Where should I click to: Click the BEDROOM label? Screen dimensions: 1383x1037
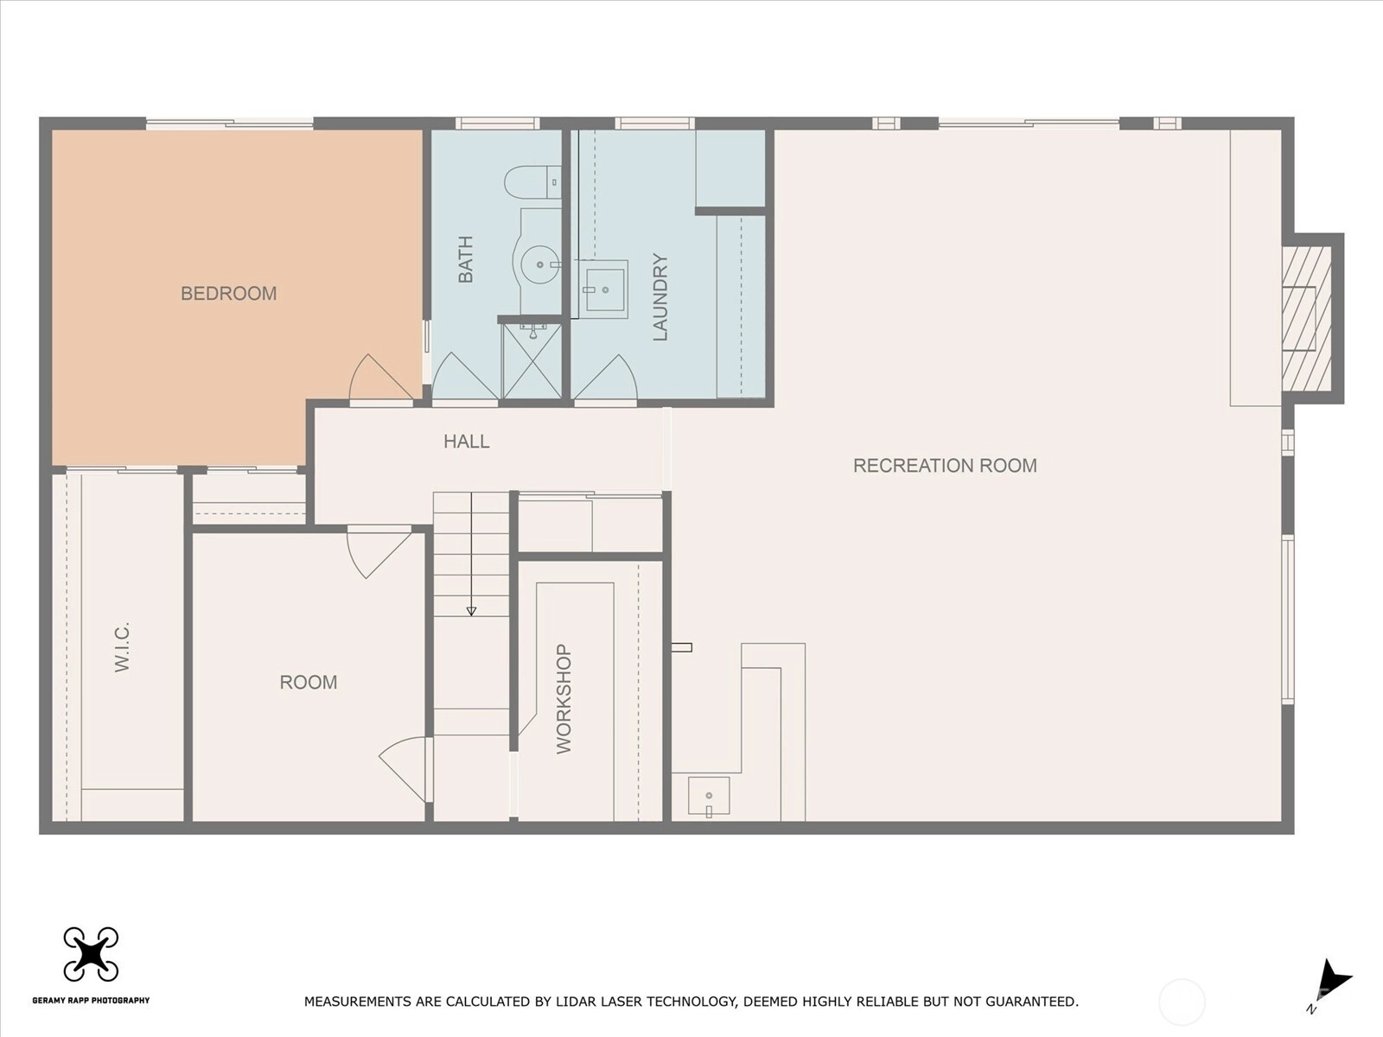[x=229, y=294]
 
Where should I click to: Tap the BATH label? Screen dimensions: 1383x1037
[x=466, y=259]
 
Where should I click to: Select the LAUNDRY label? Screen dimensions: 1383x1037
[x=660, y=297]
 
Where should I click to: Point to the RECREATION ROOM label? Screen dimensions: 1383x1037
[x=945, y=465]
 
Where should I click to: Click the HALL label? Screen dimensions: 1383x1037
[x=466, y=442]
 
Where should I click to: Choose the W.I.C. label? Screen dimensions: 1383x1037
[x=122, y=647]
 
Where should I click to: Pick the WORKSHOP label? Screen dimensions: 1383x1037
[x=564, y=699]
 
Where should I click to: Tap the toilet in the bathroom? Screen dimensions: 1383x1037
[x=533, y=182]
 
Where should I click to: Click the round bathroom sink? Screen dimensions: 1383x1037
[x=540, y=264]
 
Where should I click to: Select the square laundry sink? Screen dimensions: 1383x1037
[x=603, y=289]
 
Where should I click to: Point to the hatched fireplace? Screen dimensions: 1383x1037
[x=1307, y=318]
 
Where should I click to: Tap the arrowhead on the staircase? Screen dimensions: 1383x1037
[x=471, y=611]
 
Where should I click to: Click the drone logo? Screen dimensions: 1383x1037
[x=91, y=954]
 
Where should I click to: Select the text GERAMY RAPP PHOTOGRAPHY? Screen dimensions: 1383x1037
[x=92, y=1000]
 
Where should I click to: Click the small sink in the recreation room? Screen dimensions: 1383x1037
[x=709, y=796]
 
